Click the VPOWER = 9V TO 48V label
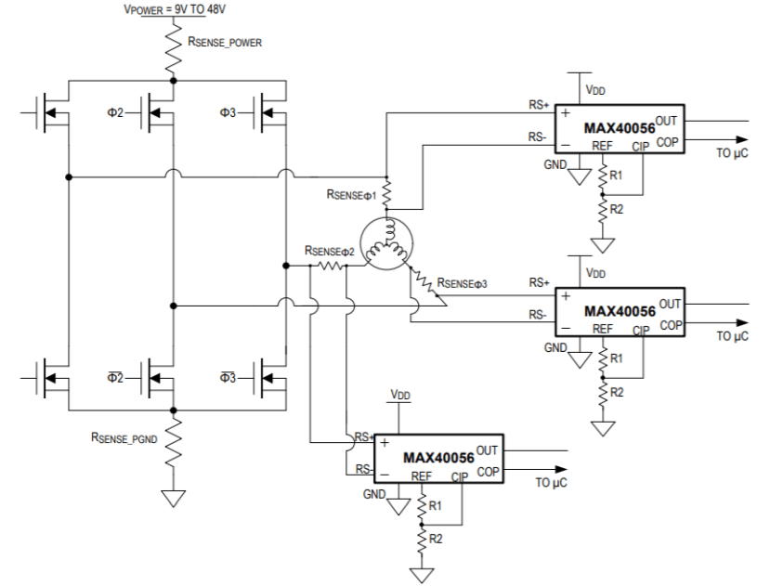pyautogui.click(x=175, y=9)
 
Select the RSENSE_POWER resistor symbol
pyautogui.click(x=173, y=48)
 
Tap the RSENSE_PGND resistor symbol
pyautogui.click(x=173, y=442)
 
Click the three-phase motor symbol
pyautogui.click(x=386, y=243)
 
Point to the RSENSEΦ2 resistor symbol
pyautogui.click(x=331, y=266)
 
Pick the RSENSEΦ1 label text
pyautogui.click(x=352, y=195)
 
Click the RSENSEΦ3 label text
pyautogui.click(x=463, y=283)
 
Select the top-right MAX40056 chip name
pyautogui.click(x=620, y=128)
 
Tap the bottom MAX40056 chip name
pyautogui.click(x=438, y=458)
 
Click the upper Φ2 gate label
pyautogui.click(x=115, y=112)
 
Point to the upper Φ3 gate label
pyautogui.click(x=228, y=112)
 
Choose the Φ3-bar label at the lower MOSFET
pyautogui.click(x=228, y=377)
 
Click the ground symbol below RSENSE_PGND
pyautogui.click(x=173, y=498)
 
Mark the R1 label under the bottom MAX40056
pyautogui.click(x=435, y=505)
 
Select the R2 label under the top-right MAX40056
pyautogui.click(x=617, y=209)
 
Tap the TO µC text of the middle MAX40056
pyautogui.click(x=732, y=336)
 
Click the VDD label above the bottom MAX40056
pyautogui.click(x=400, y=395)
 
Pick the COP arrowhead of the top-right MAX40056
pyautogui.click(x=742, y=140)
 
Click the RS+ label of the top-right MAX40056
pyautogui.click(x=539, y=105)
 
